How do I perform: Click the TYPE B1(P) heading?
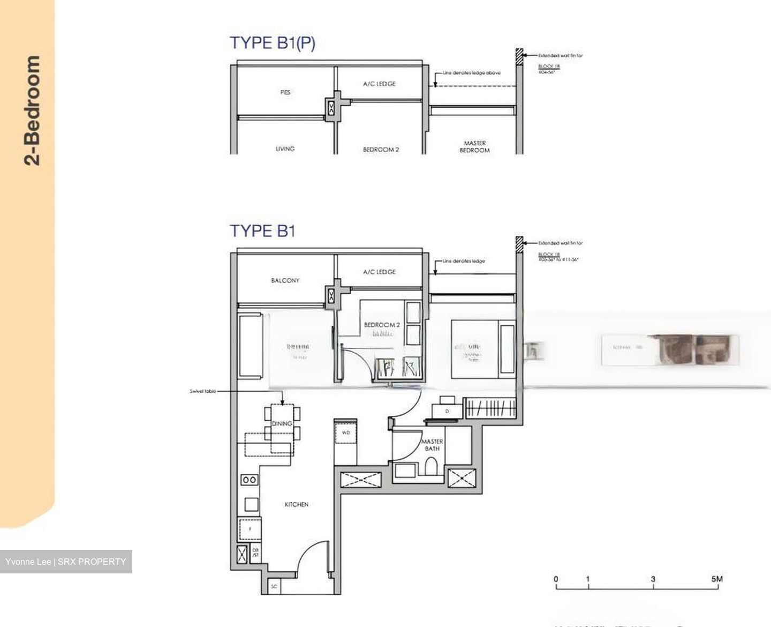click(273, 43)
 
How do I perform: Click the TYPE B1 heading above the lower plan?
click(262, 231)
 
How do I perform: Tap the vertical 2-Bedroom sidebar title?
click(32, 110)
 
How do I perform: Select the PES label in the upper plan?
click(285, 92)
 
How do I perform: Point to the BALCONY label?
click(285, 280)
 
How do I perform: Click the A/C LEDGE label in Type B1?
click(379, 272)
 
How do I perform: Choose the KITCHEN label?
click(296, 504)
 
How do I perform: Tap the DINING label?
click(282, 423)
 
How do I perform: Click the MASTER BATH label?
click(432, 445)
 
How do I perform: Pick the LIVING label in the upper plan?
click(285, 148)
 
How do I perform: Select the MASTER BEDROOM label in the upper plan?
click(474, 147)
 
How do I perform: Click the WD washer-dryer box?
click(345, 432)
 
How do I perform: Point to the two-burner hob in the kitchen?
click(249, 480)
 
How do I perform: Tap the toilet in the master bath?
click(431, 468)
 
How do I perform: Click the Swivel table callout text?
click(203, 391)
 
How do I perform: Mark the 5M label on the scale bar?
click(717, 579)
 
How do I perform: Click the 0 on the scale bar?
click(556, 579)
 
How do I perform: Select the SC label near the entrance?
click(274, 587)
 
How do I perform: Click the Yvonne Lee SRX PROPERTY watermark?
click(66, 562)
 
